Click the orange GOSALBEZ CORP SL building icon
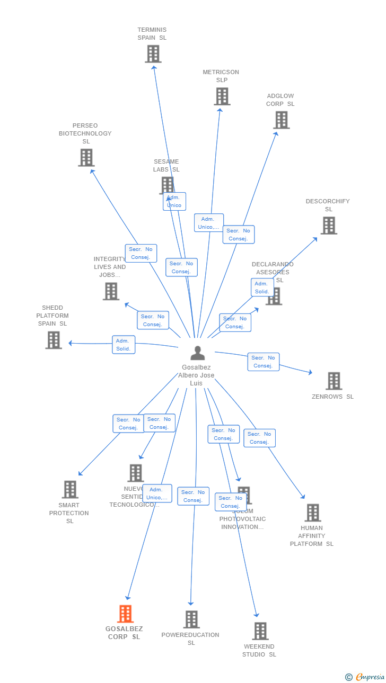point(125,614)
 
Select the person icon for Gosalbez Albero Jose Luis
point(198,353)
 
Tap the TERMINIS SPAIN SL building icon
point(153,54)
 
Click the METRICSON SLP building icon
point(222,96)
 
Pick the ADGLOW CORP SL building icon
point(282,120)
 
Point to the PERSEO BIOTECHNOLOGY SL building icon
point(86,158)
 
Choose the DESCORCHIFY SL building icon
point(329,226)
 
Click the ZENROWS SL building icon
point(334,381)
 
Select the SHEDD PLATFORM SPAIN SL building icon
point(54,340)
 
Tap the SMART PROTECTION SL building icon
point(70,490)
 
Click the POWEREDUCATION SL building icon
point(191,619)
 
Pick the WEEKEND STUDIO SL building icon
point(260,631)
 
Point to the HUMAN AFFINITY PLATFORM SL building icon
point(313,513)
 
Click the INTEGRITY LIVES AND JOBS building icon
point(111,291)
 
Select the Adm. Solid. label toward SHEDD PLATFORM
point(124,345)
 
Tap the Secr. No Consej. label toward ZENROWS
point(264,362)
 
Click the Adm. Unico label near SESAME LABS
point(174,201)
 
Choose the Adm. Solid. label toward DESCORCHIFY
point(262,287)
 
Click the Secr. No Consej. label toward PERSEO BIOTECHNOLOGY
point(141,253)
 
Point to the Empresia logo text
point(370,677)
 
